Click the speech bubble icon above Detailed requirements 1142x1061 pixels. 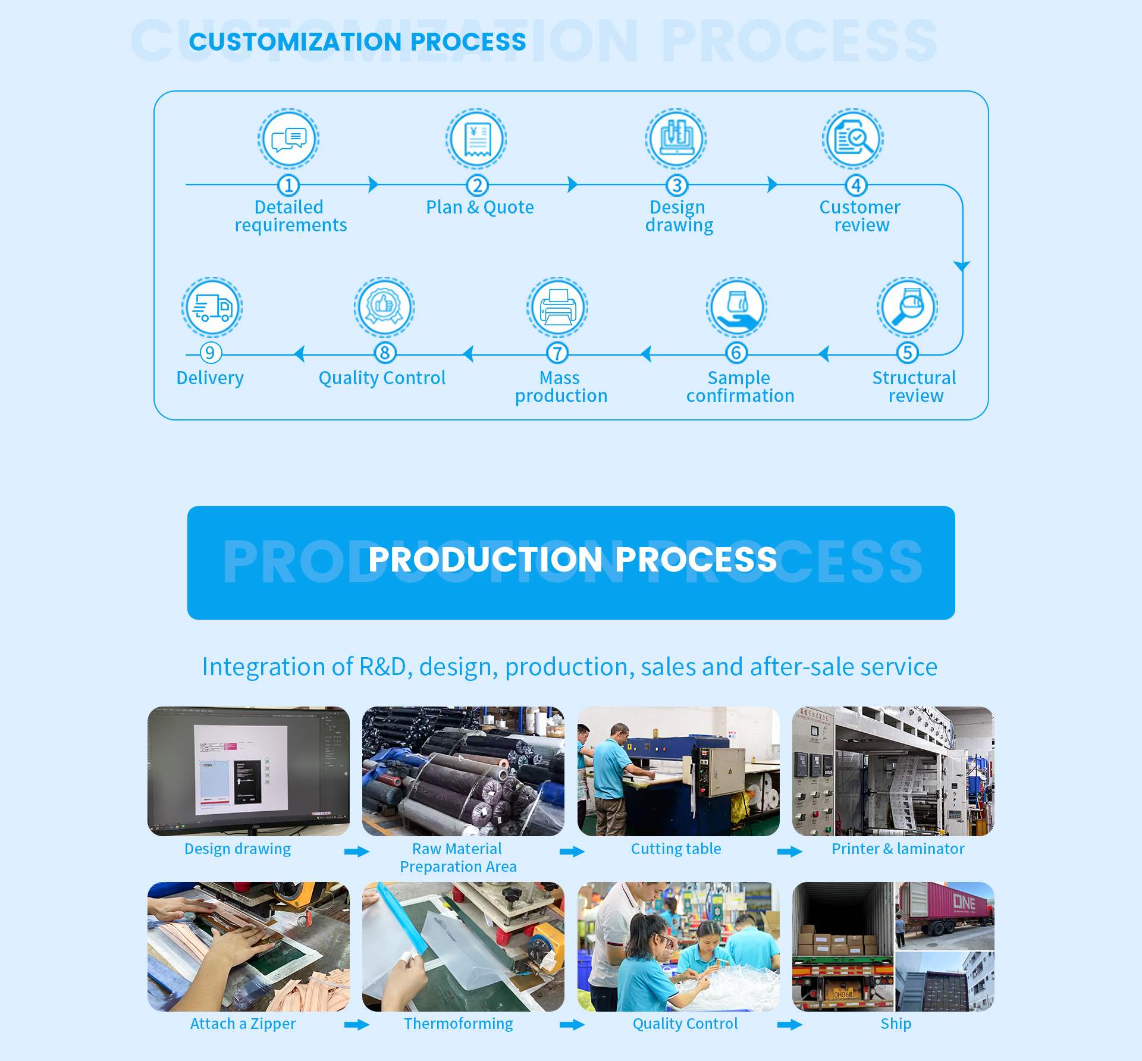tap(288, 139)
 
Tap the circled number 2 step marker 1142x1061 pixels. tap(477, 186)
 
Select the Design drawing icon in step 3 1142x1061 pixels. tap(676, 139)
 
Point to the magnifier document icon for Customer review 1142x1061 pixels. tap(853, 139)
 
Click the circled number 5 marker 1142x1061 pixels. tap(907, 353)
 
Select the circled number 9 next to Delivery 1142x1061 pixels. tap(210, 353)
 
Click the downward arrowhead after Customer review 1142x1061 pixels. tap(962, 266)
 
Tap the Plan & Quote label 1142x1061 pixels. tap(479, 207)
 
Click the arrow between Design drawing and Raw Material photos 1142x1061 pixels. tap(357, 852)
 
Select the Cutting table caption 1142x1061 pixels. tap(676, 849)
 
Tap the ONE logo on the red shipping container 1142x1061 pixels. tap(964, 902)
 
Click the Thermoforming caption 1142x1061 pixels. tap(458, 1024)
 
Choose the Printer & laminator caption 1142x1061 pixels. tap(898, 849)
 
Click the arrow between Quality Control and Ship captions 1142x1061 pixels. tap(790, 1024)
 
